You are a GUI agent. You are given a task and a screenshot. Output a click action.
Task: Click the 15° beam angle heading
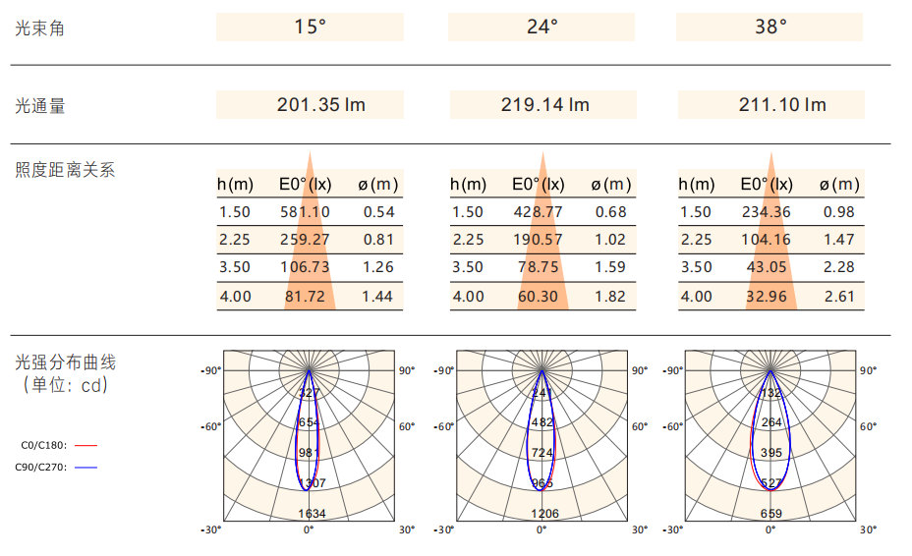coord(310,28)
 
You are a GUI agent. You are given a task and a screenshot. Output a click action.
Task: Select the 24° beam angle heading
coord(541,28)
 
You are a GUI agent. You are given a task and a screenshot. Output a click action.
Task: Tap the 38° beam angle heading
coord(770,28)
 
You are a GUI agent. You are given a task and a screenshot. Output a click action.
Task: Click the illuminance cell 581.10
coord(305,212)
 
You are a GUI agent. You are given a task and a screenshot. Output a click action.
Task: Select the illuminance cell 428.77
coord(539,212)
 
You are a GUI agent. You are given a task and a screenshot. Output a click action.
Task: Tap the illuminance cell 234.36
coord(768,212)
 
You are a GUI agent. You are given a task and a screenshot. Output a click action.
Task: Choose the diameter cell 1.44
coord(378,297)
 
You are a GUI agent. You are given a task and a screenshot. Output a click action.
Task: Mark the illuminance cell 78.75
coord(539,267)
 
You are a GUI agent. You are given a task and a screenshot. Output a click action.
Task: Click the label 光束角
coord(40,28)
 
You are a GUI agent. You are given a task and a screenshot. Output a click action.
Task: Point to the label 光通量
coord(40,106)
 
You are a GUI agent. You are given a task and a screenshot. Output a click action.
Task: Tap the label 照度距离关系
coord(65,170)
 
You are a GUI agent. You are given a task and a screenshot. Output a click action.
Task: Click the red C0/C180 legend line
coord(85,445)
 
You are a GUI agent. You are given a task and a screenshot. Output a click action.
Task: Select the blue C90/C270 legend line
coord(85,468)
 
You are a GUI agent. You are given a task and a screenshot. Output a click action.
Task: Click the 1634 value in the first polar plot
coord(312,514)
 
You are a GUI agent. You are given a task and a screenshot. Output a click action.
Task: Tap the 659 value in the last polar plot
coord(771,514)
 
